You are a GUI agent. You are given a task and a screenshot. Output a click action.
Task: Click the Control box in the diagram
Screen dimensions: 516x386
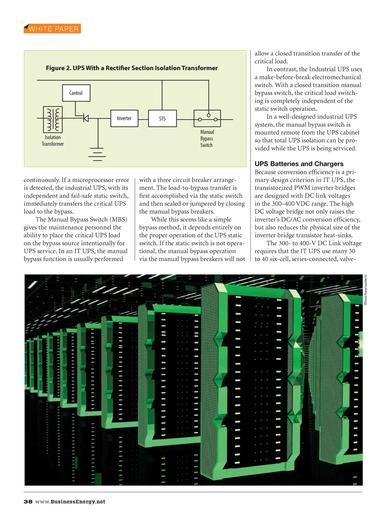76,93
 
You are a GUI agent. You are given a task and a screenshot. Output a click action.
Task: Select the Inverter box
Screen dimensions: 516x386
124,118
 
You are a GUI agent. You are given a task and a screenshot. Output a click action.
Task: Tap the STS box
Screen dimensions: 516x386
162,119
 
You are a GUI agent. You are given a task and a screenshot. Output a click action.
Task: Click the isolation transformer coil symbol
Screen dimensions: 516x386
53,119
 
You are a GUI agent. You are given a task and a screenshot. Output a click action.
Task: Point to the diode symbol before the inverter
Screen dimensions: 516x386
86,119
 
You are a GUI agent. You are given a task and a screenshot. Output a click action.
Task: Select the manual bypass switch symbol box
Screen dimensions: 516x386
207,118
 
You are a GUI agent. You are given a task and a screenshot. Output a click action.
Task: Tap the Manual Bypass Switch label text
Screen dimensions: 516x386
207,139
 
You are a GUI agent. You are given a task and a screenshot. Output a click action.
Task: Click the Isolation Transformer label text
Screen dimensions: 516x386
53,140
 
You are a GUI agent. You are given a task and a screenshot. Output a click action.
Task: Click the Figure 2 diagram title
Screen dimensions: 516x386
132,68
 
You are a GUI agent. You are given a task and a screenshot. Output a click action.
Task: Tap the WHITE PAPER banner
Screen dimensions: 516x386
52,29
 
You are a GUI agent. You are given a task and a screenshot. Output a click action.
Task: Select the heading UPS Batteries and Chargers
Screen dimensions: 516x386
299,164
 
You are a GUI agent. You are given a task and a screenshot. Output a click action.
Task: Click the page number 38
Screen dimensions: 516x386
28,502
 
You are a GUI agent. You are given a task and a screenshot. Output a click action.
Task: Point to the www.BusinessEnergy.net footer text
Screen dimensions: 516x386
70,502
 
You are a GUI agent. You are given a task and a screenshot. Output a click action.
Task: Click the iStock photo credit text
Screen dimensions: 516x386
365,290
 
